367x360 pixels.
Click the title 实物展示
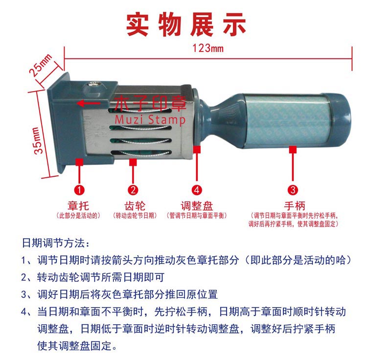click(186, 24)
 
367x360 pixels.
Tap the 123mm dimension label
click(208, 48)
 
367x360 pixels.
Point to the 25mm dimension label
click(40, 65)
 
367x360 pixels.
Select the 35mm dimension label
click(38, 141)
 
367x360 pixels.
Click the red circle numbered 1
click(79, 190)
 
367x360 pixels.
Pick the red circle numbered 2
click(133, 190)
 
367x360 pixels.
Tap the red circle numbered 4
click(197, 190)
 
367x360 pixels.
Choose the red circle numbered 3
click(293, 190)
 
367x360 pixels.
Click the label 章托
click(78, 206)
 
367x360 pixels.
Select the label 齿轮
click(135, 206)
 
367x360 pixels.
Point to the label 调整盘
click(197, 206)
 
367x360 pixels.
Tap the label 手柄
click(295, 206)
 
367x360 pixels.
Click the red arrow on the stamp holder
click(89, 103)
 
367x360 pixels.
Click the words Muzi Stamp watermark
click(150, 120)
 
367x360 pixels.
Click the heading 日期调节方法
click(56, 243)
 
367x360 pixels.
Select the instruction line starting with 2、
click(92, 277)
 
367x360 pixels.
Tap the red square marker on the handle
click(293, 149)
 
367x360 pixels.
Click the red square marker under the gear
click(133, 162)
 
